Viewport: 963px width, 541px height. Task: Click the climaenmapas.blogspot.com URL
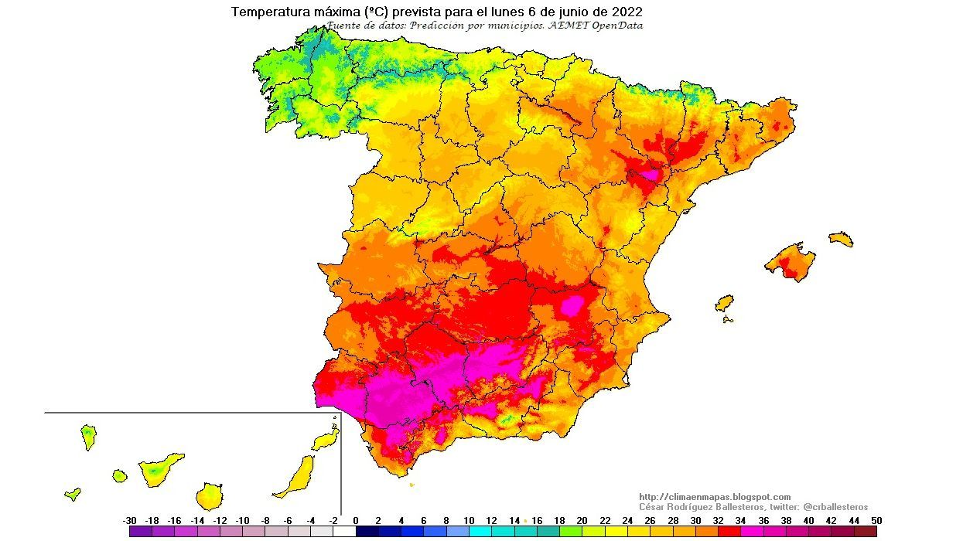tap(715, 497)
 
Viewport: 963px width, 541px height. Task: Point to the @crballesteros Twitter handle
tap(835, 506)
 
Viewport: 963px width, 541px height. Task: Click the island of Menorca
tap(841, 239)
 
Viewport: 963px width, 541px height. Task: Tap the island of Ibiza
tap(724, 302)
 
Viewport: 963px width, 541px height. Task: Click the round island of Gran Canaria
tap(209, 495)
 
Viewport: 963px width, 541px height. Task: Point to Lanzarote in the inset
tap(326, 440)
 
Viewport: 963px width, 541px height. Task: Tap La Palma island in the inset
tap(88, 437)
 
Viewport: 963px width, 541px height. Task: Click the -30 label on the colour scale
tap(129, 521)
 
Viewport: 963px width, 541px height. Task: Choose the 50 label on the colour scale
tap(876, 521)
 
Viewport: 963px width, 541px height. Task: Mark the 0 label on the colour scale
tap(356, 521)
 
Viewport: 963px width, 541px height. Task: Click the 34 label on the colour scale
tap(740, 521)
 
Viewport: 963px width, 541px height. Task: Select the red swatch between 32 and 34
tap(729, 531)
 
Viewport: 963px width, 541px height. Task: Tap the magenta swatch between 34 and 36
tap(752, 531)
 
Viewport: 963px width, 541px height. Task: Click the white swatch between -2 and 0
tap(344, 531)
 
